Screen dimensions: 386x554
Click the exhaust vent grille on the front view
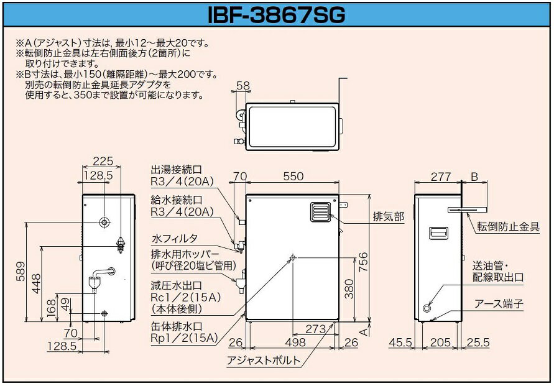click(x=319, y=211)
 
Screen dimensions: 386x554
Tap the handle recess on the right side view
click(x=438, y=233)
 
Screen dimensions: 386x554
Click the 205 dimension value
click(x=441, y=342)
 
